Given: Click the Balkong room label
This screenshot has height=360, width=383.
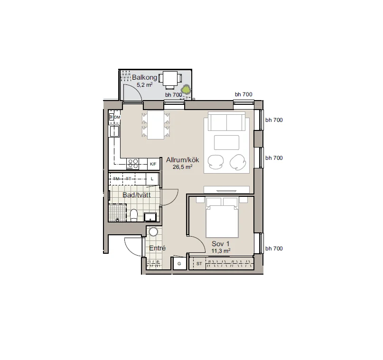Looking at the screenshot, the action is (145, 77).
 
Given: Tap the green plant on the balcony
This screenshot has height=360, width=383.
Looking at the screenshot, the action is (186, 89).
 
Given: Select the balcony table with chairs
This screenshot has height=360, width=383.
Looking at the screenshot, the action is (170, 80).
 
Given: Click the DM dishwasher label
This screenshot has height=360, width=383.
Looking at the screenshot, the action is (117, 117).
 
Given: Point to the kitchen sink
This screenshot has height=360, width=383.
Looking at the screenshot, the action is (114, 131).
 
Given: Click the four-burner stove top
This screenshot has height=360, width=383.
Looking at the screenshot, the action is (132, 164).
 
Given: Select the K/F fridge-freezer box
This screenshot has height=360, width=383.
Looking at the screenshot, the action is (153, 164).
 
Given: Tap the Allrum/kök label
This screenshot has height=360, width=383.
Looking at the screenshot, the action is (182, 160).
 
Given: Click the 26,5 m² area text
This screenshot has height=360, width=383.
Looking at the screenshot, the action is (182, 167).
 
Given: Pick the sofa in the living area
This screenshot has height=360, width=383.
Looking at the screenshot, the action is (226, 121).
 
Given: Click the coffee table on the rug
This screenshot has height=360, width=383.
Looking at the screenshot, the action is (227, 143).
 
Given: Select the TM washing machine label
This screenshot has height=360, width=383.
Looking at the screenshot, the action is (116, 179).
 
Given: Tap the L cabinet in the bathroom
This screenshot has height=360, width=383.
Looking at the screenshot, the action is (152, 179).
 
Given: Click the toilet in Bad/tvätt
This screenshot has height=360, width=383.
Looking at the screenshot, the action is (134, 215).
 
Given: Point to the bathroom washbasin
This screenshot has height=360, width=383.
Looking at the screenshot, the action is (150, 217).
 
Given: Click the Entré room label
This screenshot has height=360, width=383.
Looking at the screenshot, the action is (157, 248).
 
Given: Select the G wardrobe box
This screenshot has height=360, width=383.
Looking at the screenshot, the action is (179, 264).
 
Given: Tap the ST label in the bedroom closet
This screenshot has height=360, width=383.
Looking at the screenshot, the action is (199, 264).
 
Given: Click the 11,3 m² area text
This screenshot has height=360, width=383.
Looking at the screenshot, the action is (221, 251).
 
